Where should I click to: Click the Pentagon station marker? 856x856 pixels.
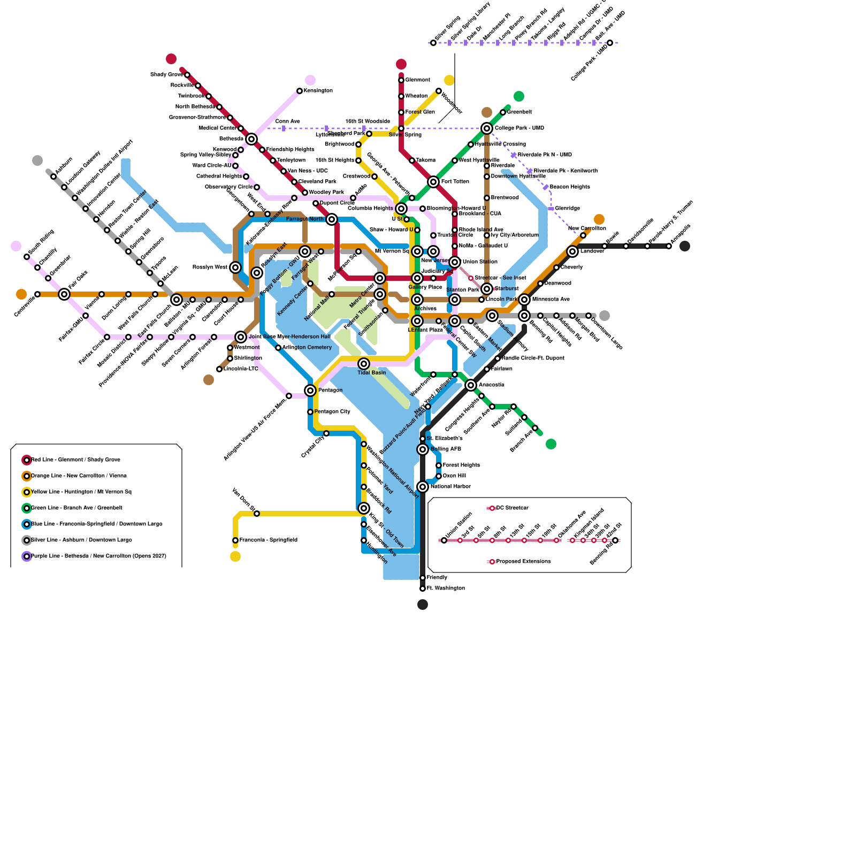tap(310, 391)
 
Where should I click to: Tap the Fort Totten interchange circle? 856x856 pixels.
tap(433, 182)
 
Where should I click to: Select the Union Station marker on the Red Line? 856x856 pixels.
tap(455, 262)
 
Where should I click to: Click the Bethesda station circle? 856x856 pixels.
tap(251, 139)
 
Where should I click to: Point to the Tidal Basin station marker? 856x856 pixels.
tap(364, 364)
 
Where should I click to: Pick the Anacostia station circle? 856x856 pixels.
tap(471, 385)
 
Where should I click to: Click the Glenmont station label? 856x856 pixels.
tap(417, 80)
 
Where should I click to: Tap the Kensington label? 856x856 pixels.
tap(318, 91)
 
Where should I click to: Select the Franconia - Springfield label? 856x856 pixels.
tap(268, 540)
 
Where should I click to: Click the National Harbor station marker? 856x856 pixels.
tap(423, 487)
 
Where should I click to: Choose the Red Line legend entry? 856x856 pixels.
tap(75, 460)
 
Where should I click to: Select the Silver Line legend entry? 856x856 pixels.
tap(81, 540)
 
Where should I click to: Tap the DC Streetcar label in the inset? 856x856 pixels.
tap(512, 508)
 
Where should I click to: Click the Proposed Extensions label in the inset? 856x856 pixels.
tap(523, 562)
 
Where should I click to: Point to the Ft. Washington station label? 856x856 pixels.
tap(445, 588)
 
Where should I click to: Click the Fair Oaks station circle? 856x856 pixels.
tap(64, 294)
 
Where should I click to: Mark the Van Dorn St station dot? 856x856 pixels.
tap(257, 514)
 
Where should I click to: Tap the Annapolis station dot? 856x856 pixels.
tap(669, 246)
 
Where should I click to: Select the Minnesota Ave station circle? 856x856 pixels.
tap(524, 300)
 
